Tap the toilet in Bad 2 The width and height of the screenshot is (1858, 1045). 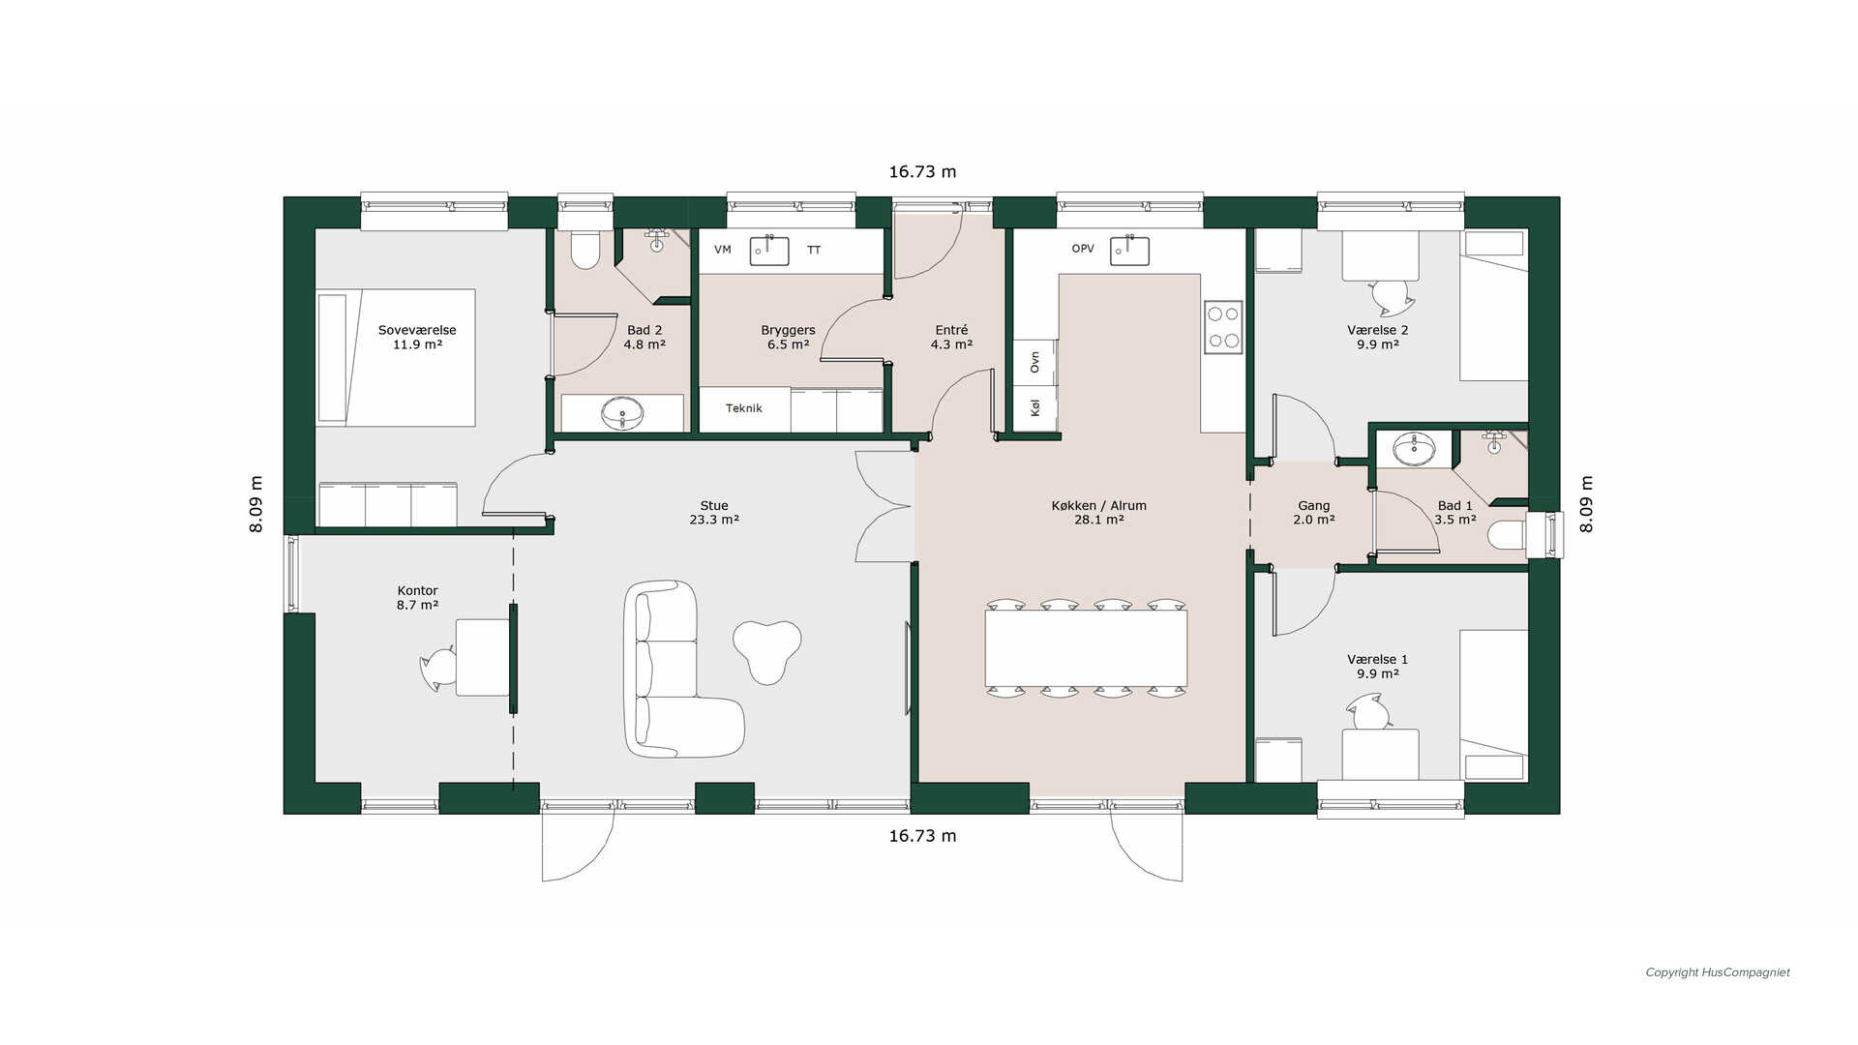click(x=584, y=249)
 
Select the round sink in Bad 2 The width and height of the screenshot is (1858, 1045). click(x=621, y=414)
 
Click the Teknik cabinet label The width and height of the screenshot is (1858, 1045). click(x=743, y=408)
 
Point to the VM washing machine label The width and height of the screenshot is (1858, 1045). click(x=723, y=250)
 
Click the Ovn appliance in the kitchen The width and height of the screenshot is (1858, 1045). click(x=1034, y=362)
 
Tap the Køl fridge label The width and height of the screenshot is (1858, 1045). click(x=1034, y=408)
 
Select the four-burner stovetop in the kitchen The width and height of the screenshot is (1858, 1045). click(x=1223, y=327)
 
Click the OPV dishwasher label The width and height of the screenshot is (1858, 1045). click(x=1083, y=249)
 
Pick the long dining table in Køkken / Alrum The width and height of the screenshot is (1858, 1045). click(x=1086, y=648)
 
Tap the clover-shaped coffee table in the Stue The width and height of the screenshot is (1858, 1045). click(x=766, y=650)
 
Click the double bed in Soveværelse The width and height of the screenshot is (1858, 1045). click(x=396, y=358)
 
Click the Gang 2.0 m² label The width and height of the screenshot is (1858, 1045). click(x=1313, y=513)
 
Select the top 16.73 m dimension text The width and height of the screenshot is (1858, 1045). click(x=922, y=172)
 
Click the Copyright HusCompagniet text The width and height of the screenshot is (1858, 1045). click(x=1718, y=972)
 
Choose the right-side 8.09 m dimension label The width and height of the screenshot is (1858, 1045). click(x=1586, y=504)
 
